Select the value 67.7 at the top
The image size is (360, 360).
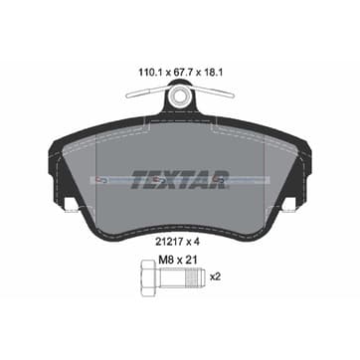coord(181,73)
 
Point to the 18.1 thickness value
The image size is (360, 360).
coord(211,73)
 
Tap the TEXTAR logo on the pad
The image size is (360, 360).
coord(180,180)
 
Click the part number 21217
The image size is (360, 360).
coord(168,243)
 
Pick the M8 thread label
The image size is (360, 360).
coord(165,260)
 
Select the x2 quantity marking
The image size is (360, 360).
coord(216,276)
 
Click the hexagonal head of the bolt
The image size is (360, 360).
coord(147,277)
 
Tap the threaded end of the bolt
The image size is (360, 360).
coord(196,277)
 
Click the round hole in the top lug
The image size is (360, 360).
coord(180,95)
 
